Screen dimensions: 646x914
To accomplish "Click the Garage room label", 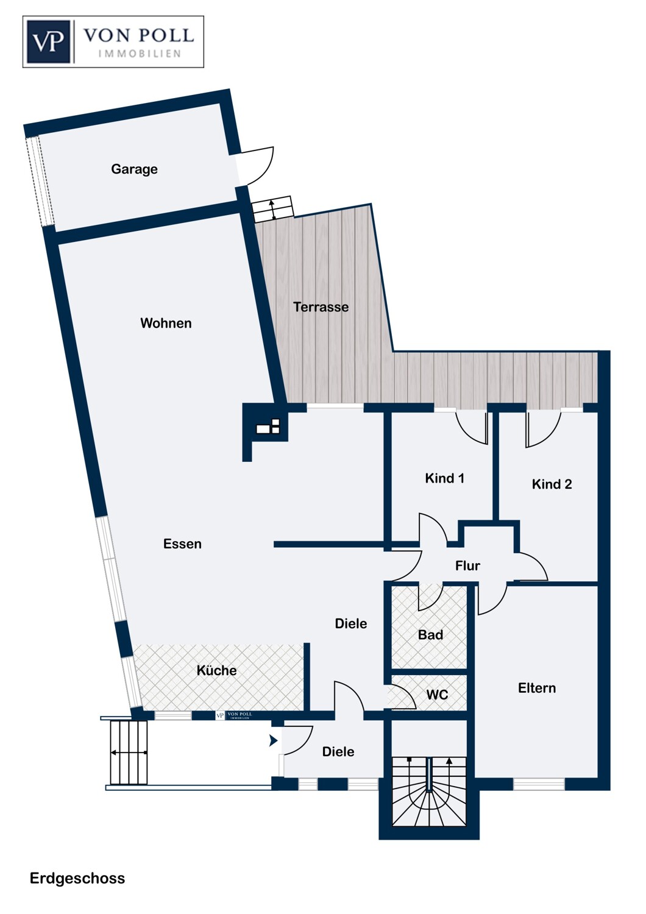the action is click(x=134, y=169).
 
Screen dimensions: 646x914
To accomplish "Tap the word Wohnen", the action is click(x=166, y=323).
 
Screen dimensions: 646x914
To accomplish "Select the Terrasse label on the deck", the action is click(x=321, y=307).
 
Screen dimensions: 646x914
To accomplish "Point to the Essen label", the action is click(x=182, y=544).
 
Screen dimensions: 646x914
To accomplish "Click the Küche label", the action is click(x=216, y=670).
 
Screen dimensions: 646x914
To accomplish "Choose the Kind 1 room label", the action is click(x=444, y=478).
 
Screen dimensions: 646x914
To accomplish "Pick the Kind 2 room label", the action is click(x=552, y=484).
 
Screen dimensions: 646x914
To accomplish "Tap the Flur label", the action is click(x=467, y=565).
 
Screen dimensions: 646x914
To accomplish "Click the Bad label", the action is click(x=430, y=634).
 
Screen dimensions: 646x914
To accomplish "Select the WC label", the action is click(x=437, y=695).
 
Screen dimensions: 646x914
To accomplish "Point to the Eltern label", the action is click(x=537, y=688).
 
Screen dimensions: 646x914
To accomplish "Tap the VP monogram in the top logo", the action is click(x=49, y=42).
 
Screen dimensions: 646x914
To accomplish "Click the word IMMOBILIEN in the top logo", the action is click(x=140, y=54).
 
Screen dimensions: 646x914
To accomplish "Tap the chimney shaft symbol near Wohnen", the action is click(x=268, y=427).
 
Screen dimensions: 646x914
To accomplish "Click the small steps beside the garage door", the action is click(x=272, y=210).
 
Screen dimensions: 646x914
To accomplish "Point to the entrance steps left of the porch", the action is click(x=129, y=753).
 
